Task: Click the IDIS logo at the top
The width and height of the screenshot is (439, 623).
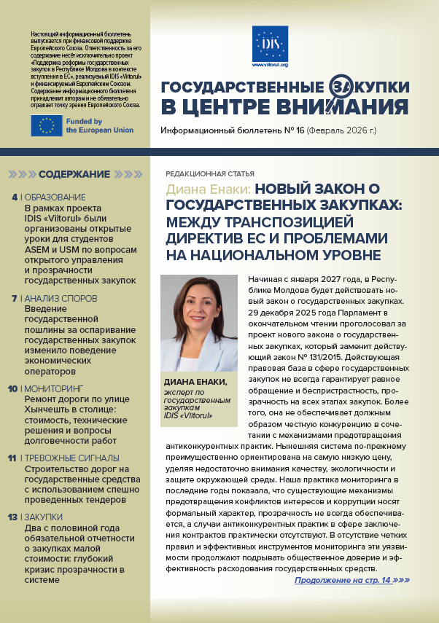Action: [270, 42]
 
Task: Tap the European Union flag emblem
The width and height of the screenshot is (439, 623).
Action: [47, 126]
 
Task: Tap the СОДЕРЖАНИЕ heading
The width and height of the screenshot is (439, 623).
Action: [74, 175]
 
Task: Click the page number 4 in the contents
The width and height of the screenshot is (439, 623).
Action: [15, 197]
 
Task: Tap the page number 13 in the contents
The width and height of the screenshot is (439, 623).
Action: [13, 517]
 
